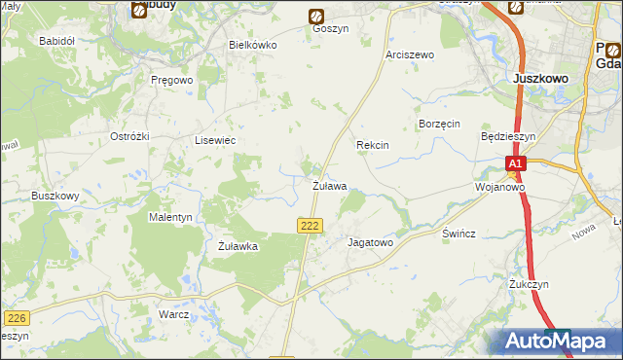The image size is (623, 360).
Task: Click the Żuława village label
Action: tap(329, 185)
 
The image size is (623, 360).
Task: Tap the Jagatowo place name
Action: tap(369, 242)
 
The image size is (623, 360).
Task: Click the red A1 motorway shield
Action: tap(516, 164)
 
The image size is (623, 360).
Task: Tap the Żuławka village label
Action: tap(238, 246)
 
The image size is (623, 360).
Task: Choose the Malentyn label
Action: tap(170, 217)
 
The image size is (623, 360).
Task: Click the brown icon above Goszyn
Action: tap(316, 16)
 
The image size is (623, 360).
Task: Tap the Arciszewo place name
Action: tap(409, 54)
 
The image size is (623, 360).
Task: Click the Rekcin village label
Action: tap(373, 145)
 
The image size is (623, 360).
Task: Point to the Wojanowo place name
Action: tap(499, 186)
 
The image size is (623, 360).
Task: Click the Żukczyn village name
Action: tap(530, 284)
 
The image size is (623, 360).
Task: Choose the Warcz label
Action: tap(172, 315)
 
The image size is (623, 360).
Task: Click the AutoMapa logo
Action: tap(557, 342)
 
